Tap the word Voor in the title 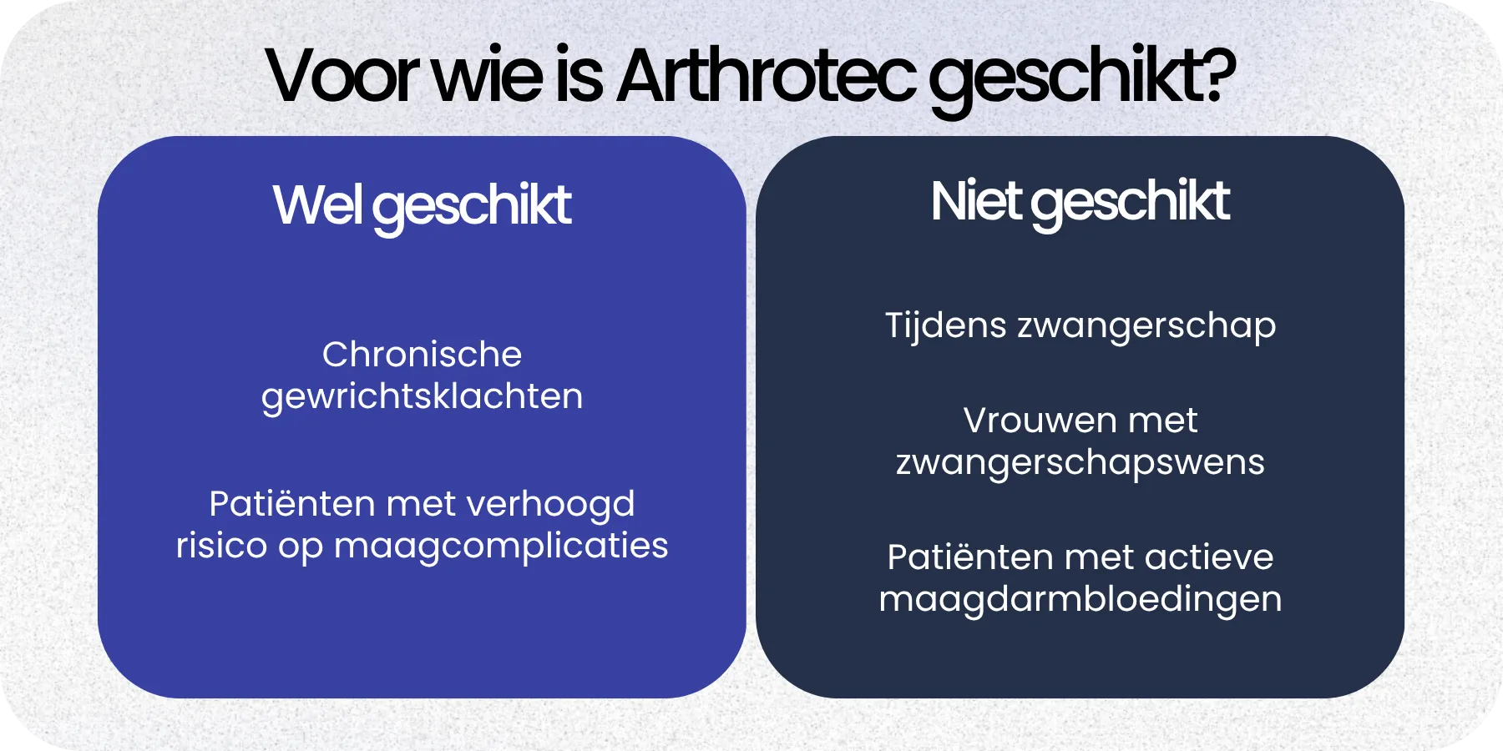pyautogui.click(x=342, y=76)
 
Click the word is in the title pyautogui.click(x=579, y=76)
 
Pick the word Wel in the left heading pyautogui.click(x=316, y=204)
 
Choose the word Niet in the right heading pyautogui.click(x=975, y=201)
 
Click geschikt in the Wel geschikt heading pyautogui.click(x=472, y=207)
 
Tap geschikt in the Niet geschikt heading pyautogui.click(x=1131, y=204)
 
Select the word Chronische pyautogui.click(x=422, y=355)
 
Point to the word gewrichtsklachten pyautogui.click(x=422, y=396)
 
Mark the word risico pyautogui.click(x=221, y=546)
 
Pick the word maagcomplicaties pyautogui.click(x=501, y=547)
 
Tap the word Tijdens pyautogui.click(x=945, y=325)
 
